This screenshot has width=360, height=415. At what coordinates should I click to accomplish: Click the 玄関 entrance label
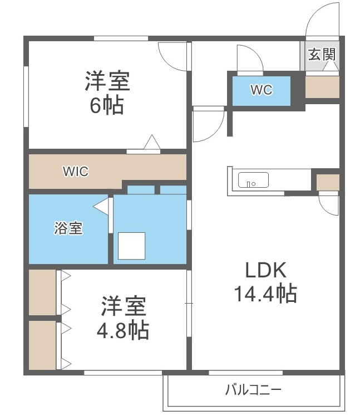click(x=322, y=55)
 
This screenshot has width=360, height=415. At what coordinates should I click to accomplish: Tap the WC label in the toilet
click(x=261, y=90)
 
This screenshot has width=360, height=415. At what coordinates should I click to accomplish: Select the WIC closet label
click(x=75, y=171)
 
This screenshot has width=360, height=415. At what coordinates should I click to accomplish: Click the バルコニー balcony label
click(x=253, y=389)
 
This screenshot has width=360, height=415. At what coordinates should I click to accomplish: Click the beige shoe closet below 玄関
click(x=322, y=87)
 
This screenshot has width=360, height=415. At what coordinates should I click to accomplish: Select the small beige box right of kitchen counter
click(x=327, y=182)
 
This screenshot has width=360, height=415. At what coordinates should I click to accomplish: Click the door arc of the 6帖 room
click(x=172, y=56)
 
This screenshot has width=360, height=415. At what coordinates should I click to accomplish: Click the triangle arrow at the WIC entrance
click(x=152, y=143)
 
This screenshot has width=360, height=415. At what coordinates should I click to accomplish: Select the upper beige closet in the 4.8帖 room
click(x=42, y=292)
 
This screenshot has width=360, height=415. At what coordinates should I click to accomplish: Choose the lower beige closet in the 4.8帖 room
click(x=42, y=345)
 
